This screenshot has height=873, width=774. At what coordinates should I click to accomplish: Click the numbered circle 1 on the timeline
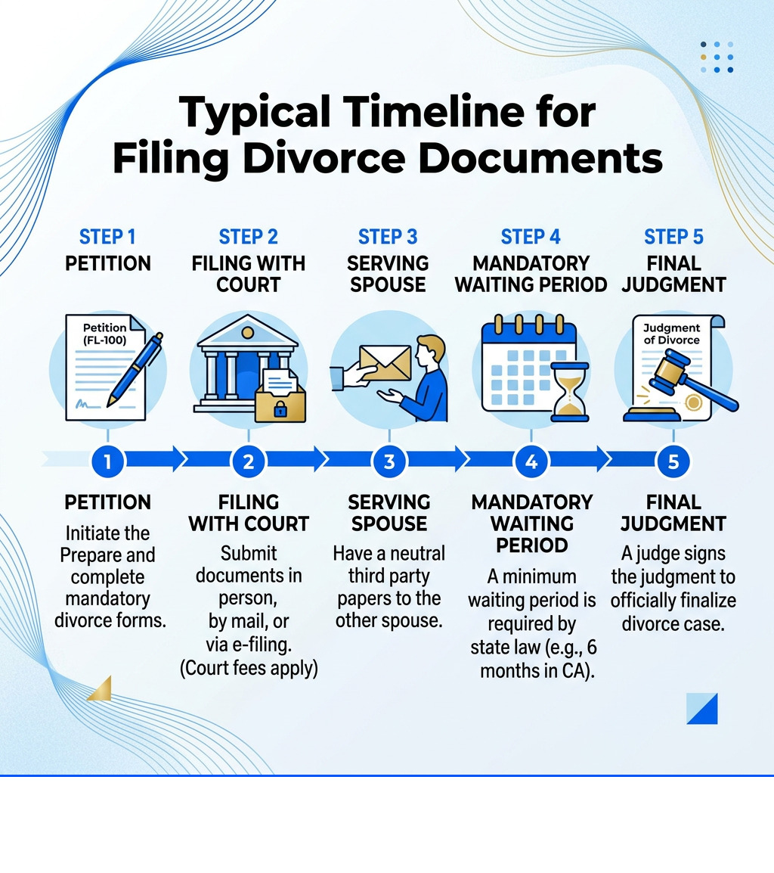(x=108, y=461)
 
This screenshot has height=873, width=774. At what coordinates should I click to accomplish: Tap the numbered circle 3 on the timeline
(x=389, y=461)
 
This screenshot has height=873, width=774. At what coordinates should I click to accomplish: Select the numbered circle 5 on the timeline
(x=673, y=461)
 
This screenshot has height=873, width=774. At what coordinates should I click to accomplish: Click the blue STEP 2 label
(x=249, y=237)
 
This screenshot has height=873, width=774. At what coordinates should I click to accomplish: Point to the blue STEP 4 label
(x=531, y=237)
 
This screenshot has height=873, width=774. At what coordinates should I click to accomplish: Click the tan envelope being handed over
(x=385, y=364)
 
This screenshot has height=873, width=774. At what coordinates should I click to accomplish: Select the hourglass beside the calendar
(x=570, y=390)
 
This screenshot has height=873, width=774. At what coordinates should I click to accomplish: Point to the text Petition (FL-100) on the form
(x=105, y=333)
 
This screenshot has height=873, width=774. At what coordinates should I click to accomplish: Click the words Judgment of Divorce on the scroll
(x=672, y=334)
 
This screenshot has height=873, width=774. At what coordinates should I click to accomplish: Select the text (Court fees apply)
(x=249, y=669)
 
